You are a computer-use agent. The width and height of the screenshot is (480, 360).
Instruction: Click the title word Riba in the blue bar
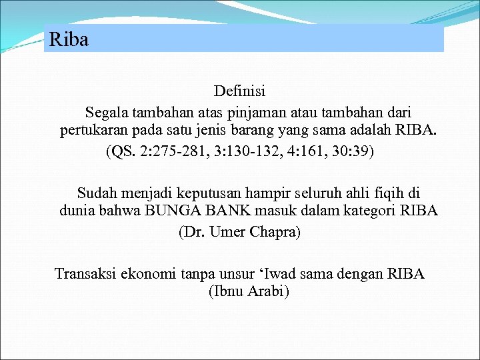coord(69,40)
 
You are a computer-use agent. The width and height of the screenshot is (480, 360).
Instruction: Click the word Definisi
coord(239,90)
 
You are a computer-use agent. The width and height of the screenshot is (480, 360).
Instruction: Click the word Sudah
coord(97,193)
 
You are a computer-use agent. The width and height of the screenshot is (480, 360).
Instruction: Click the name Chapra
coord(275,232)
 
